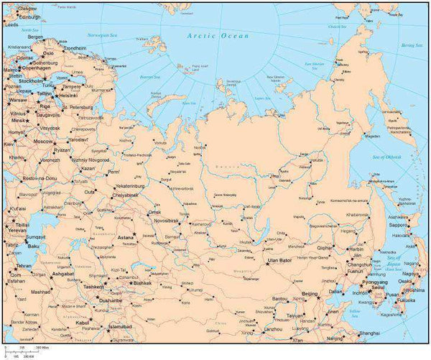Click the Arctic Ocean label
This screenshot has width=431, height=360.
tap(217, 36)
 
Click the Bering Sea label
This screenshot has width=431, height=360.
tap(413, 45)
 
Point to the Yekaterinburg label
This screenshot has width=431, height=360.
tap(131, 185)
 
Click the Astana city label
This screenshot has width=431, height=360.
tap(126, 237)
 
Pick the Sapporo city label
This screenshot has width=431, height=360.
tap(399, 225)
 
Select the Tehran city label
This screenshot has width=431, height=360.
tap(24, 266)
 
